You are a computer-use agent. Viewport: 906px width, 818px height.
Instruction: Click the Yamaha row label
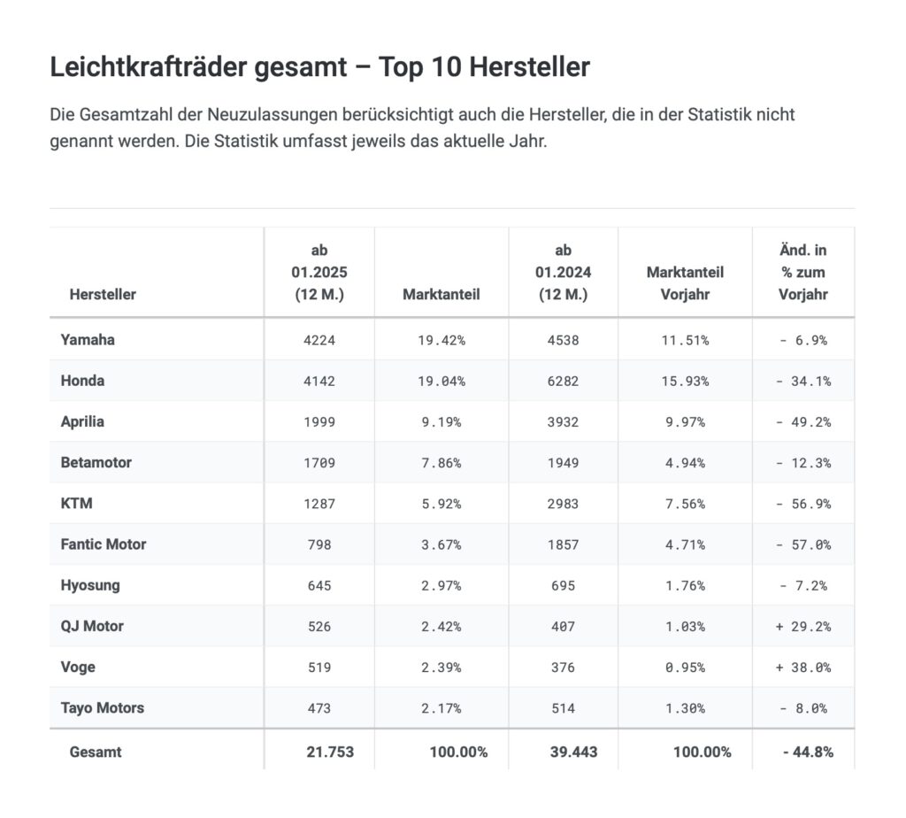point(88,340)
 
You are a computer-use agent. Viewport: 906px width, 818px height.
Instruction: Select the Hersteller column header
point(103,294)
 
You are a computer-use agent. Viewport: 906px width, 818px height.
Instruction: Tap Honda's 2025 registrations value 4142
point(319,381)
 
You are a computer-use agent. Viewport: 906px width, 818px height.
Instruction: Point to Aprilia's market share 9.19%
point(440,421)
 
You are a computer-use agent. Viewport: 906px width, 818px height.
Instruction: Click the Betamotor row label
point(96,462)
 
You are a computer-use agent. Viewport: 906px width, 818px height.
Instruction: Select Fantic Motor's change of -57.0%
point(803,544)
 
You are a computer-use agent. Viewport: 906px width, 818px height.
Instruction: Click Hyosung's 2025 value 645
point(319,585)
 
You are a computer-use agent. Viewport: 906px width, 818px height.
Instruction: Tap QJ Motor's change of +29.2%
point(802,626)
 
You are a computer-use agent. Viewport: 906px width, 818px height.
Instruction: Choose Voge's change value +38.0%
point(802,667)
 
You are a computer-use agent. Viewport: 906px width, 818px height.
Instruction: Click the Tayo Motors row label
point(102,707)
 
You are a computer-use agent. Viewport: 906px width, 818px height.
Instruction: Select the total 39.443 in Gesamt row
point(568,752)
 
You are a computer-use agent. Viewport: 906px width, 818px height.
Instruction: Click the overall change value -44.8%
point(807,752)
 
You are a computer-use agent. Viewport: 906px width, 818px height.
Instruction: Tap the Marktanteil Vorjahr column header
point(684,283)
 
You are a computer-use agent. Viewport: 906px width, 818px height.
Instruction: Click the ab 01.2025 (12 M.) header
point(319,273)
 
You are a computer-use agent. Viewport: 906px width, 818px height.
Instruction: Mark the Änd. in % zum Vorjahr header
point(802,273)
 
